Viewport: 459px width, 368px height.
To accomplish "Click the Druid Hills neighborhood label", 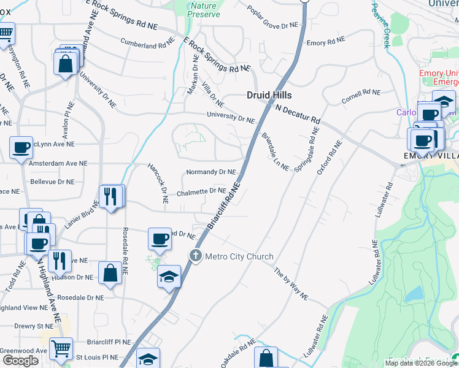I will click(x=269, y=95).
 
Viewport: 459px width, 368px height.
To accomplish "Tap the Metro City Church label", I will click(x=239, y=256).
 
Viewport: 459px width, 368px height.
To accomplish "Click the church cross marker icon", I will click(x=196, y=256).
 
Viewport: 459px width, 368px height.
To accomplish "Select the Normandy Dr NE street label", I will click(x=210, y=172).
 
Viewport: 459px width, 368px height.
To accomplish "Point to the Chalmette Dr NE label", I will click(x=201, y=191).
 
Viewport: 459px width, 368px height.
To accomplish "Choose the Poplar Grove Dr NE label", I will click(x=272, y=18).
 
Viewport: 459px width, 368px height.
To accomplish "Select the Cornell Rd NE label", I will click(x=361, y=96).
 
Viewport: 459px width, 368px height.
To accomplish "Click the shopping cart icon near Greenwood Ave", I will click(x=61, y=348).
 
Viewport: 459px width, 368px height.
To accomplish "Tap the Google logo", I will click(x=20, y=361).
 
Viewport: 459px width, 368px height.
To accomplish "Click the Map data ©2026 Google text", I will click(x=420, y=363).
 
